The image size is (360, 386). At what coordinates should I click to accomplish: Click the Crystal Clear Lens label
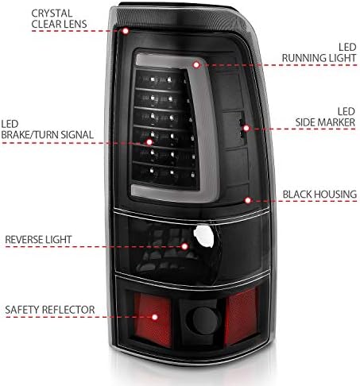click(x=59, y=19)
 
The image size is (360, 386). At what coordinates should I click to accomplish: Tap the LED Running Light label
click(x=319, y=52)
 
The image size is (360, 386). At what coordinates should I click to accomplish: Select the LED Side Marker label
click(x=325, y=117)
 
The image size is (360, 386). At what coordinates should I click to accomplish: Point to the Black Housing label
click(x=319, y=195)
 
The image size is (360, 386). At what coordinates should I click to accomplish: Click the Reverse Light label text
click(x=38, y=240)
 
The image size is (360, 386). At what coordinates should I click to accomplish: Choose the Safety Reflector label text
click(x=50, y=310)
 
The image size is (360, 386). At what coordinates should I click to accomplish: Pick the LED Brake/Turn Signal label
click(x=47, y=129)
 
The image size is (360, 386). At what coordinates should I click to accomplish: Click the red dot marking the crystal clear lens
click(x=126, y=31)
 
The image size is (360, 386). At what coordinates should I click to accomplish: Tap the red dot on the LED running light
click(x=196, y=64)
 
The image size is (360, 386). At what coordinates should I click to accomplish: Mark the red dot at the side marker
click(x=246, y=129)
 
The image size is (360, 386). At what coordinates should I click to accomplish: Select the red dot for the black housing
click(x=248, y=200)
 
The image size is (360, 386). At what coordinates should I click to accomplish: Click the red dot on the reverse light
click(x=184, y=246)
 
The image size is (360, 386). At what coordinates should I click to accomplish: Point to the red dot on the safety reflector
click(x=155, y=317)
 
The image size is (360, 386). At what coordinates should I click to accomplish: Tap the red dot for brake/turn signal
click(x=149, y=142)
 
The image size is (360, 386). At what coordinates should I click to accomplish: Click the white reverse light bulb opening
click(x=203, y=237)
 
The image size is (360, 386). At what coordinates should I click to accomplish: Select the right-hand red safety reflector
click(x=241, y=317)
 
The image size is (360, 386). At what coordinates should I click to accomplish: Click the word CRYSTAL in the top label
click(x=52, y=14)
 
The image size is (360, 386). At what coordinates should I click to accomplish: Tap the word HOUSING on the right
click(x=337, y=195)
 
